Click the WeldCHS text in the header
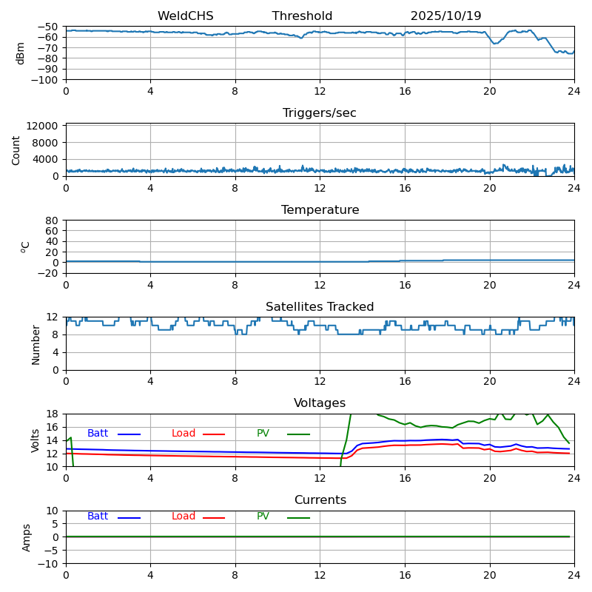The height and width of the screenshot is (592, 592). [186, 16]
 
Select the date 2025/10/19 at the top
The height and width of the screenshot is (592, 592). [445, 16]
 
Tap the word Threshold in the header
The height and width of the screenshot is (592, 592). [302, 16]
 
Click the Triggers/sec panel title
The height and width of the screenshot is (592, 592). [320, 113]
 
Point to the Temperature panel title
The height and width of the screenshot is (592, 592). [320, 210]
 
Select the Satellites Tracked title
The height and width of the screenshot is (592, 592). [320, 307]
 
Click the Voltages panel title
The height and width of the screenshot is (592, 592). [320, 403]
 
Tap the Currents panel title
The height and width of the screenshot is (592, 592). [320, 500]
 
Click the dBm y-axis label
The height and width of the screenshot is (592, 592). [21, 53]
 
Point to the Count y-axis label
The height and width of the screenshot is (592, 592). [16, 149]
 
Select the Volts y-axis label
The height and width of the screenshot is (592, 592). [36, 440]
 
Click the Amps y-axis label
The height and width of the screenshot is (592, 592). [27, 537]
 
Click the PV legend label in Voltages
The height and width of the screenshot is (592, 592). [263, 434]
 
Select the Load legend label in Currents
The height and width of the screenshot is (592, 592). [184, 517]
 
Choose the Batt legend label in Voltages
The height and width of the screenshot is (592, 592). [98, 434]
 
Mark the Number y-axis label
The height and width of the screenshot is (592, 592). [36, 344]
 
